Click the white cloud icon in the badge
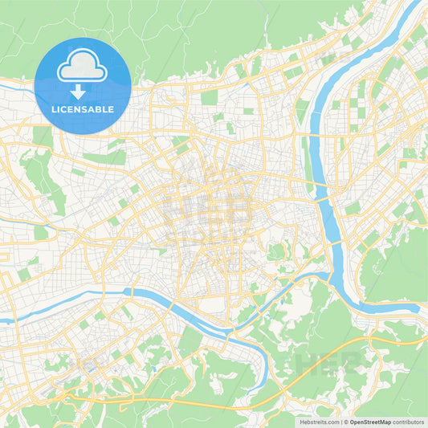click(82, 68)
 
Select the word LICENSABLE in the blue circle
click(82, 108)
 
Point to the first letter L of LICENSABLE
click(53, 108)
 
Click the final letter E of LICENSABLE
click(111, 108)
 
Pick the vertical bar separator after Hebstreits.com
click(340, 421)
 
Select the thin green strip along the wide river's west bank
click(308, 161)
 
